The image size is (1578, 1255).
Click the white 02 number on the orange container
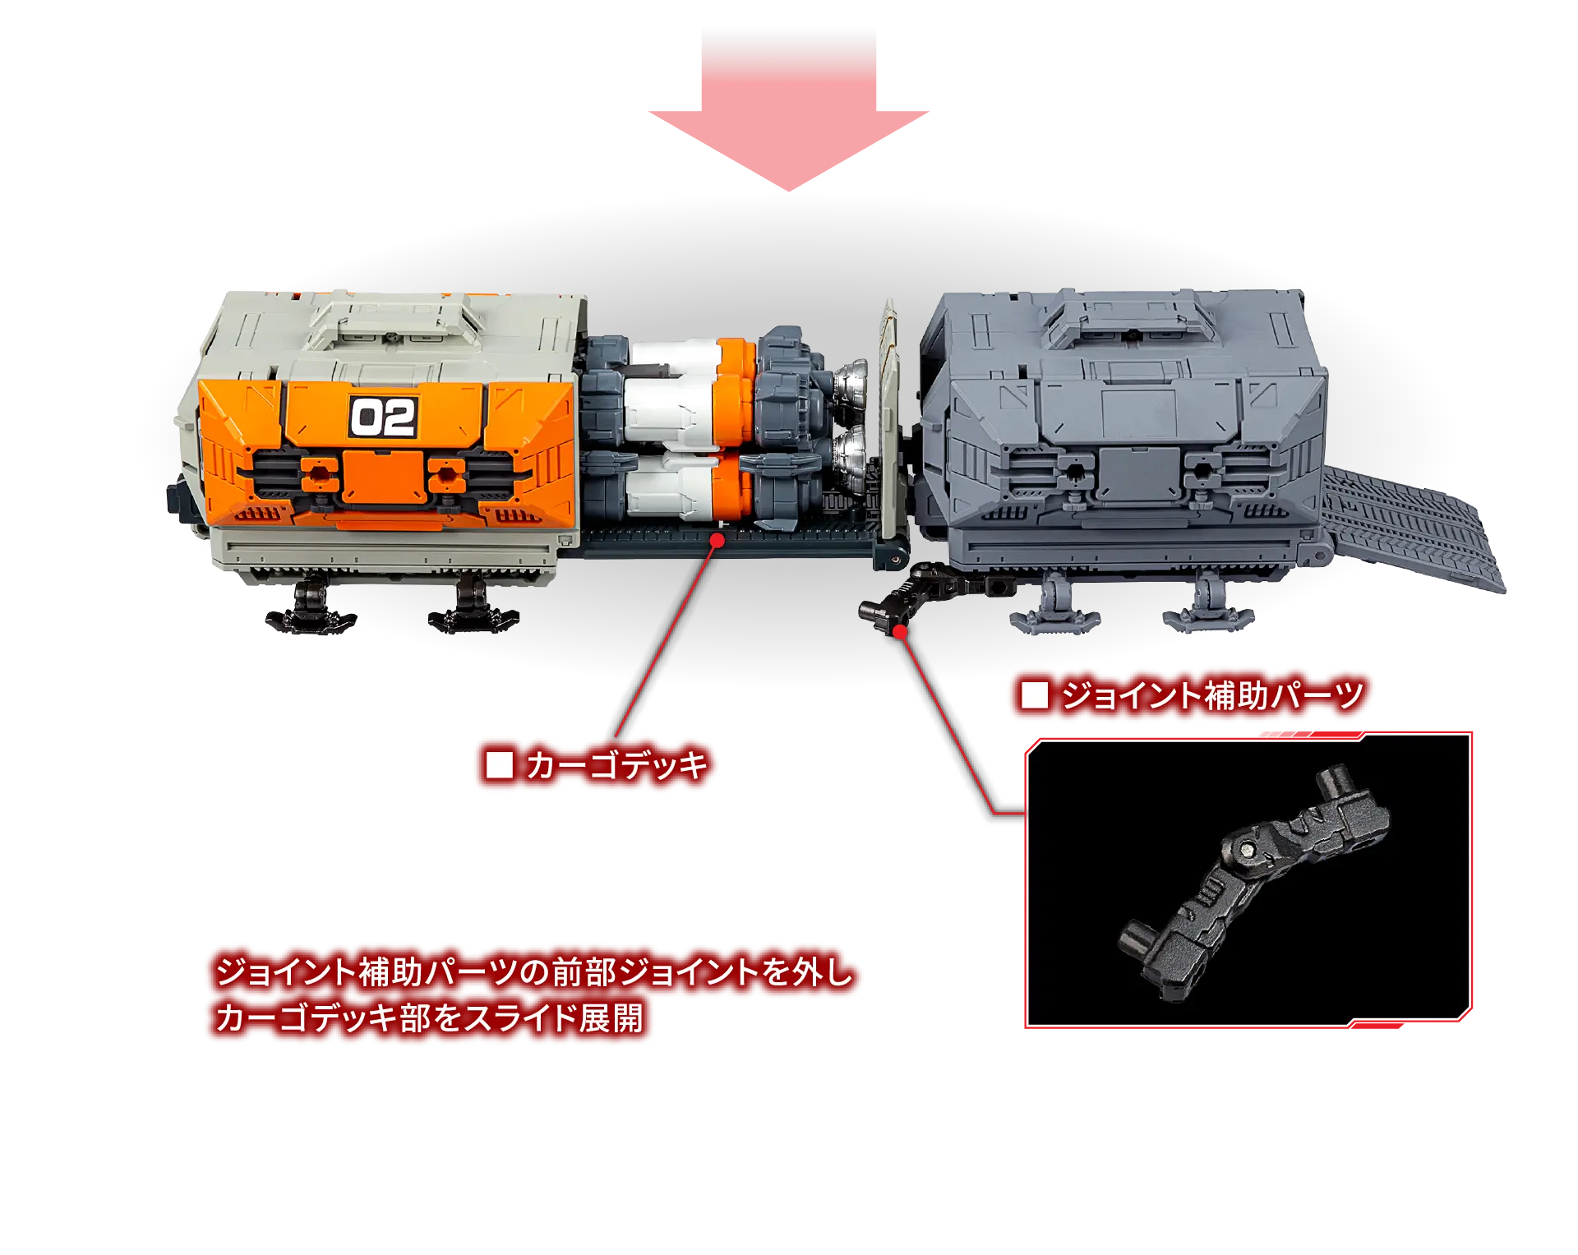[383, 418]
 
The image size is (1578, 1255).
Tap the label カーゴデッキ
[616, 765]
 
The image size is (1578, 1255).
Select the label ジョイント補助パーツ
[1211, 696]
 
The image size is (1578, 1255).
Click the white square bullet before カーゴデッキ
[499, 765]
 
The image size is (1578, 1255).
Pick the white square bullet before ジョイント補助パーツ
[1034, 696]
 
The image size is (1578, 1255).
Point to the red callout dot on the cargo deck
[717, 540]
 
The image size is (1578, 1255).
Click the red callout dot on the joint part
[900, 631]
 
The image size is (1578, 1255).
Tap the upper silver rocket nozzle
[851, 383]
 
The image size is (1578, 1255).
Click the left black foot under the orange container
[309, 608]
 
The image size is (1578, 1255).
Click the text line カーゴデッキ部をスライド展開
[429, 1018]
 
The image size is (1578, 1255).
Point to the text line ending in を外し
[534, 972]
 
